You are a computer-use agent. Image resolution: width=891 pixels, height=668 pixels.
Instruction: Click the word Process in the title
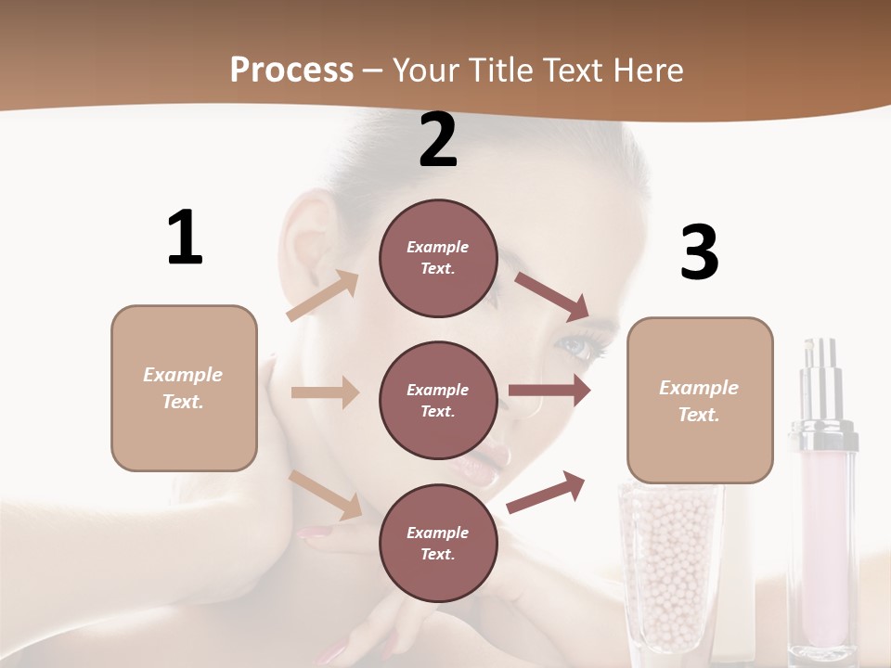(x=291, y=71)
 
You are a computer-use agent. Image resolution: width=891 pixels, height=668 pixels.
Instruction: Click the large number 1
(x=185, y=238)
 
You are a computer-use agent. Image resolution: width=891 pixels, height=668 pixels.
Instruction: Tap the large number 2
(x=438, y=140)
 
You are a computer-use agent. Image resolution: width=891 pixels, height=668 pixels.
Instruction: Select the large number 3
(x=699, y=252)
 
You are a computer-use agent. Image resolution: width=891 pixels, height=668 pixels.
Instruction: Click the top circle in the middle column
(x=438, y=258)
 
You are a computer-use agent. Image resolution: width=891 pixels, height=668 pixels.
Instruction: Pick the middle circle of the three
(x=438, y=400)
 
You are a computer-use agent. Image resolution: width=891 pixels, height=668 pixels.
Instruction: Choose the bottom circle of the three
(x=438, y=543)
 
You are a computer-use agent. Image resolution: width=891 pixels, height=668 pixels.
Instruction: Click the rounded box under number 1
(x=184, y=388)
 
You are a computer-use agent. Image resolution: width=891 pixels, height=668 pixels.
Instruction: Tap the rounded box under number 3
(x=700, y=400)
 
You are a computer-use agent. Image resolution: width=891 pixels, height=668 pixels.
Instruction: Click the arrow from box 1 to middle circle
(x=325, y=392)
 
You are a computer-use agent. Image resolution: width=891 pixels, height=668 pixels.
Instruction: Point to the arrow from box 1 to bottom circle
(x=326, y=495)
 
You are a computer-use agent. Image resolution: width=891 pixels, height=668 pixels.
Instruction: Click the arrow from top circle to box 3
(x=552, y=296)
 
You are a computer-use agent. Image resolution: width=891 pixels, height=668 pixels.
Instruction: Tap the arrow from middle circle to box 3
(x=549, y=391)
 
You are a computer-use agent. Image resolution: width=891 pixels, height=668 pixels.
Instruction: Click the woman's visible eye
(x=577, y=347)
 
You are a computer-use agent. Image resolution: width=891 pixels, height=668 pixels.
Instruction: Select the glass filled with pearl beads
(x=668, y=566)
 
